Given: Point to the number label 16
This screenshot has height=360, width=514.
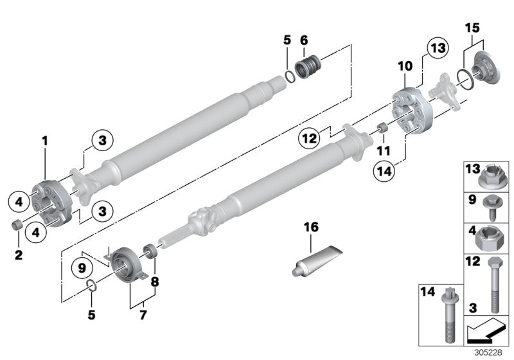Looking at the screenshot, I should (x=311, y=228).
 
